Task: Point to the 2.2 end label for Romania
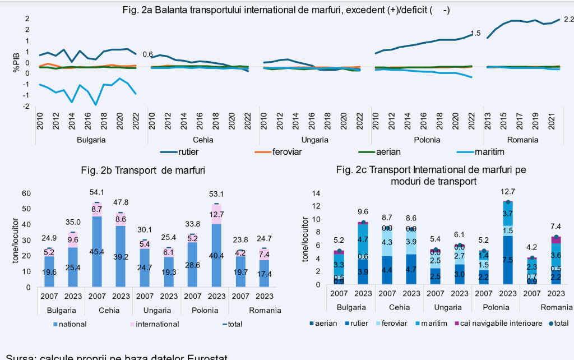coord(568,20)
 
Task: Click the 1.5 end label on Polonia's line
coord(475,33)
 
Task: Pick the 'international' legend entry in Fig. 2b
coord(157,324)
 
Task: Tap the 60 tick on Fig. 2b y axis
coord(26,193)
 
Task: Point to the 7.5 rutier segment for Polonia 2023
coord(508,260)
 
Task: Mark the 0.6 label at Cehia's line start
coord(148,54)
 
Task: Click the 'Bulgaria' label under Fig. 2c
coord(351,307)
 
